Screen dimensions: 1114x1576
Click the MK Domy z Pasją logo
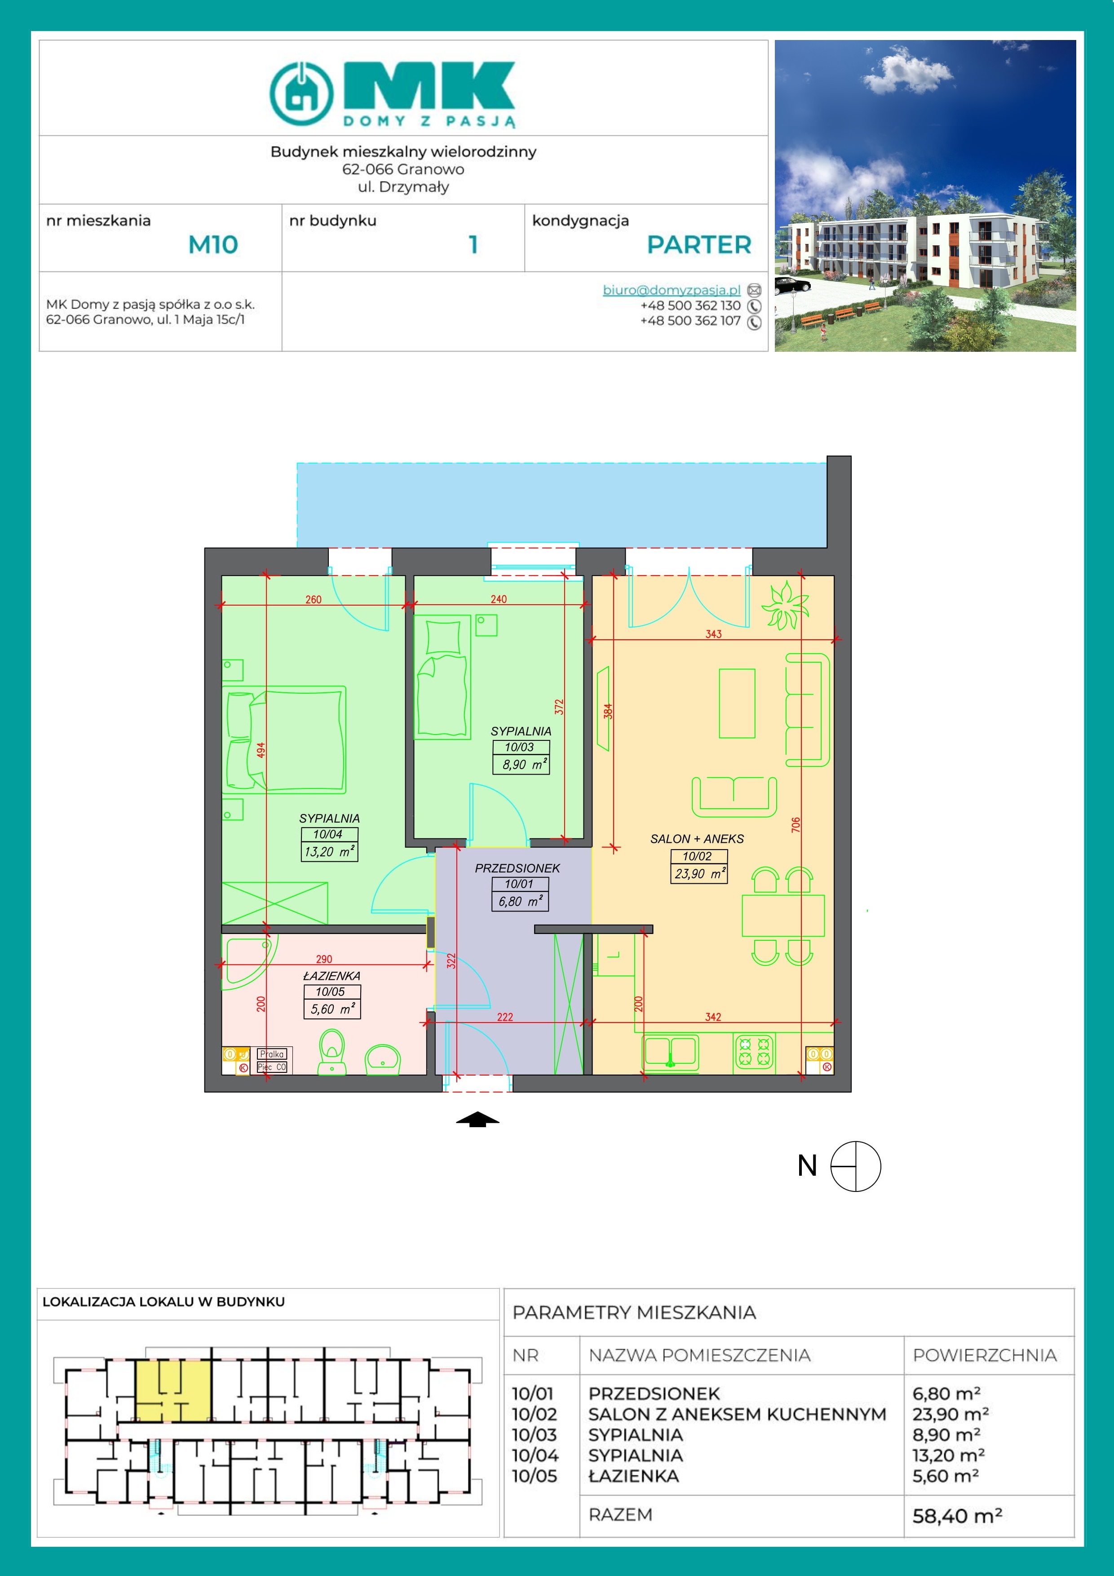(x=392, y=94)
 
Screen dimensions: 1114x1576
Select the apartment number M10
(x=213, y=244)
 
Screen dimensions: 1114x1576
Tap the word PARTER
(x=699, y=244)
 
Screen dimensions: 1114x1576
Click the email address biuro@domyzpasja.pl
(x=671, y=290)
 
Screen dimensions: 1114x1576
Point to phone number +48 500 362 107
(x=690, y=321)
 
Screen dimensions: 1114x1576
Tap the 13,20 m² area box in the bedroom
(x=329, y=852)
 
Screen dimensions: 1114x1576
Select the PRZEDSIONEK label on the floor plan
(x=517, y=868)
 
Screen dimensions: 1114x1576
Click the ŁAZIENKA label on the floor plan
(x=332, y=975)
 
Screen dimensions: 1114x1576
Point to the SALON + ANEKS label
(x=697, y=839)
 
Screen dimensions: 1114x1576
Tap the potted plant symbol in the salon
(x=785, y=605)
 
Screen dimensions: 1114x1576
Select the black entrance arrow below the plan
(x=478, y=1120)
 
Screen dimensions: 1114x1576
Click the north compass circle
(x=855, y=1166)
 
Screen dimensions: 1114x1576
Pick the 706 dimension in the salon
(x=796, y=825)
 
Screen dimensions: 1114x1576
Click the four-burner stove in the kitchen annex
(x=754, y=1052)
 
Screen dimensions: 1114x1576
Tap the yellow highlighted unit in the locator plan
(x=173, y=1390)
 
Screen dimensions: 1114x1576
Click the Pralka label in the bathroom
(x=272, y=1054)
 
